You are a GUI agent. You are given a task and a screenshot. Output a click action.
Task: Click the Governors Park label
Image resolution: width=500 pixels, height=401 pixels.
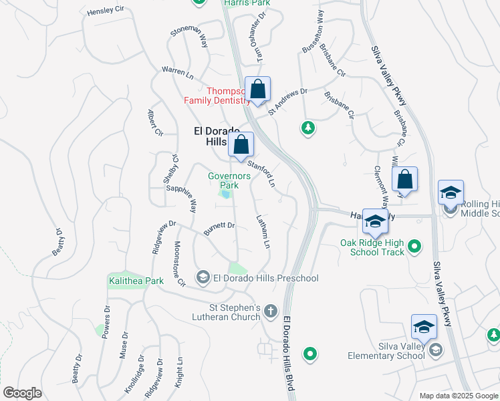229,180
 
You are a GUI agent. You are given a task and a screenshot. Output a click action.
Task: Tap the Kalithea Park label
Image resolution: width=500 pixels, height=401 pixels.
136,281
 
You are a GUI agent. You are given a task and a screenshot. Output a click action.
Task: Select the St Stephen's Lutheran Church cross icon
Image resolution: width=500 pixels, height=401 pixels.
270,311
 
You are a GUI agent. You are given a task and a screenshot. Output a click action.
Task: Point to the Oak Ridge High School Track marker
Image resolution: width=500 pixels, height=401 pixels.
414,247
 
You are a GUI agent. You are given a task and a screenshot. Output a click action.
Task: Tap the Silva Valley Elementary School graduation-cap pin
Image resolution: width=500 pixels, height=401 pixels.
424,327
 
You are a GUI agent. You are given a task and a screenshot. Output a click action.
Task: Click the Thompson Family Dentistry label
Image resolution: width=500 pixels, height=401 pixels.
216,96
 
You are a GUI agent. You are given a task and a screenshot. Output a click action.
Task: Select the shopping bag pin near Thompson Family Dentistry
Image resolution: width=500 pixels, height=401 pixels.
257,90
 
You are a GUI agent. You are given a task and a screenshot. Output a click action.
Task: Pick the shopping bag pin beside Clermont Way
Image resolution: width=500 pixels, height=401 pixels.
404,180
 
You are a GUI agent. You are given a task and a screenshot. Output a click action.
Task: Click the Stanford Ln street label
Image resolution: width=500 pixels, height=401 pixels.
262,172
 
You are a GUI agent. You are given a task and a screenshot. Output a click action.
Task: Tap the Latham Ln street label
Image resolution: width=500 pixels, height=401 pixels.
263,231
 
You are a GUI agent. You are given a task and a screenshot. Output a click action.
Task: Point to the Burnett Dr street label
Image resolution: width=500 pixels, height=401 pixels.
219,229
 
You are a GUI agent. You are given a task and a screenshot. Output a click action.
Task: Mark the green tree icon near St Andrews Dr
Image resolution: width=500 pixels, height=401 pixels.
307,127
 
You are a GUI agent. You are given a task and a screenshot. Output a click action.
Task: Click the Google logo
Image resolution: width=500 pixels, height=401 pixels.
22,393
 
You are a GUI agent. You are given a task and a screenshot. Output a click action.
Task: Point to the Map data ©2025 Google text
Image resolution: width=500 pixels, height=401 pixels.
458,396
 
